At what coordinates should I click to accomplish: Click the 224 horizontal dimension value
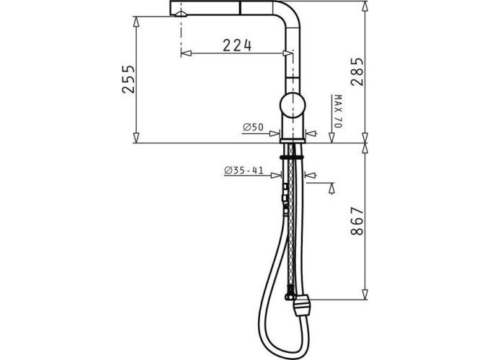pos(237,45)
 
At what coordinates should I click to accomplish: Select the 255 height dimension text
pos(128,79)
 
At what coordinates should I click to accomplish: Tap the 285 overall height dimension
pos(357,71)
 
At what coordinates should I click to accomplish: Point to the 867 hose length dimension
pos(357,221)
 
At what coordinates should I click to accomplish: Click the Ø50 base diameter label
pos(253,127)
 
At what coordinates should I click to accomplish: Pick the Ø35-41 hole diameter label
pos(244,171)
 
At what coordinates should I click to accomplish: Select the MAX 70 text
pos(337,111)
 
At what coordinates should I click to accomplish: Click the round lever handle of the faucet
pos(293,105)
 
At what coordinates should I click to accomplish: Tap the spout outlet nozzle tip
pos(181,14)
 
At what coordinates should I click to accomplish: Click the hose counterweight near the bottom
pos(301,306)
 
